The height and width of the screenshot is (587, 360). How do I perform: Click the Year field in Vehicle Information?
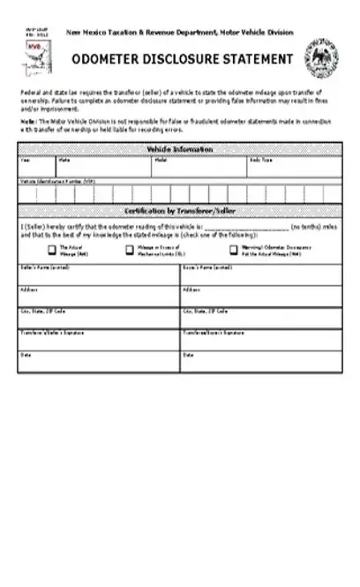tap(36, 169)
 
